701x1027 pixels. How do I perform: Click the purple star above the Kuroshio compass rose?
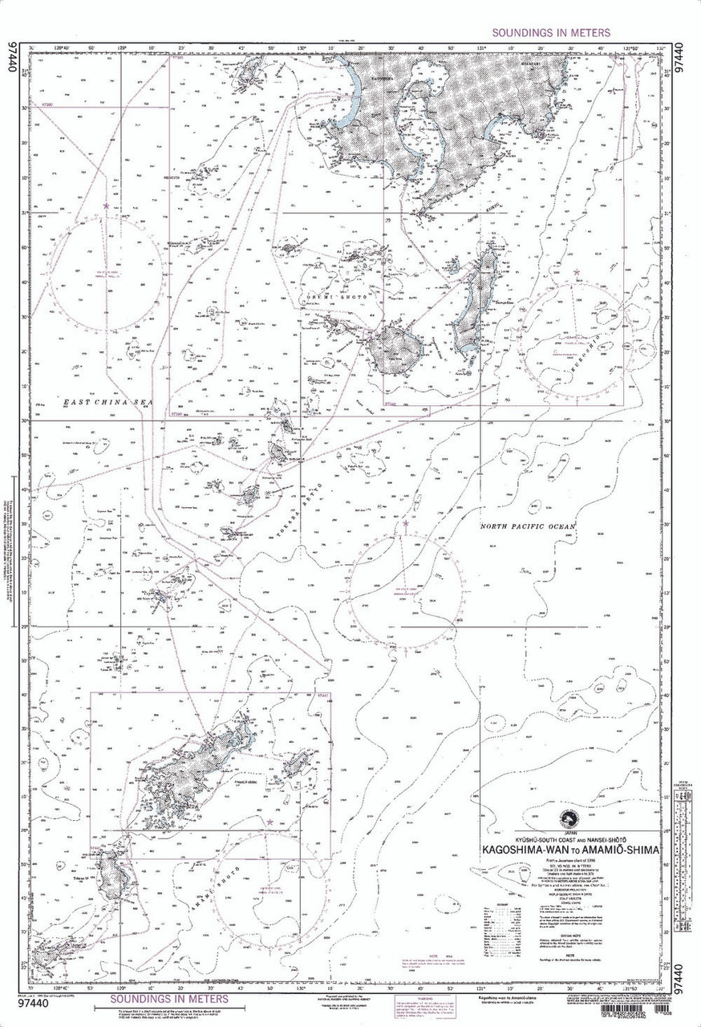576,273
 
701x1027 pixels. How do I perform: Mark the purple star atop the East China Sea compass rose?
106,206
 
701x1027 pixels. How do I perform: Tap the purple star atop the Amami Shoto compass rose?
269,822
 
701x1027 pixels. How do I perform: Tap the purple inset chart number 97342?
391,404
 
